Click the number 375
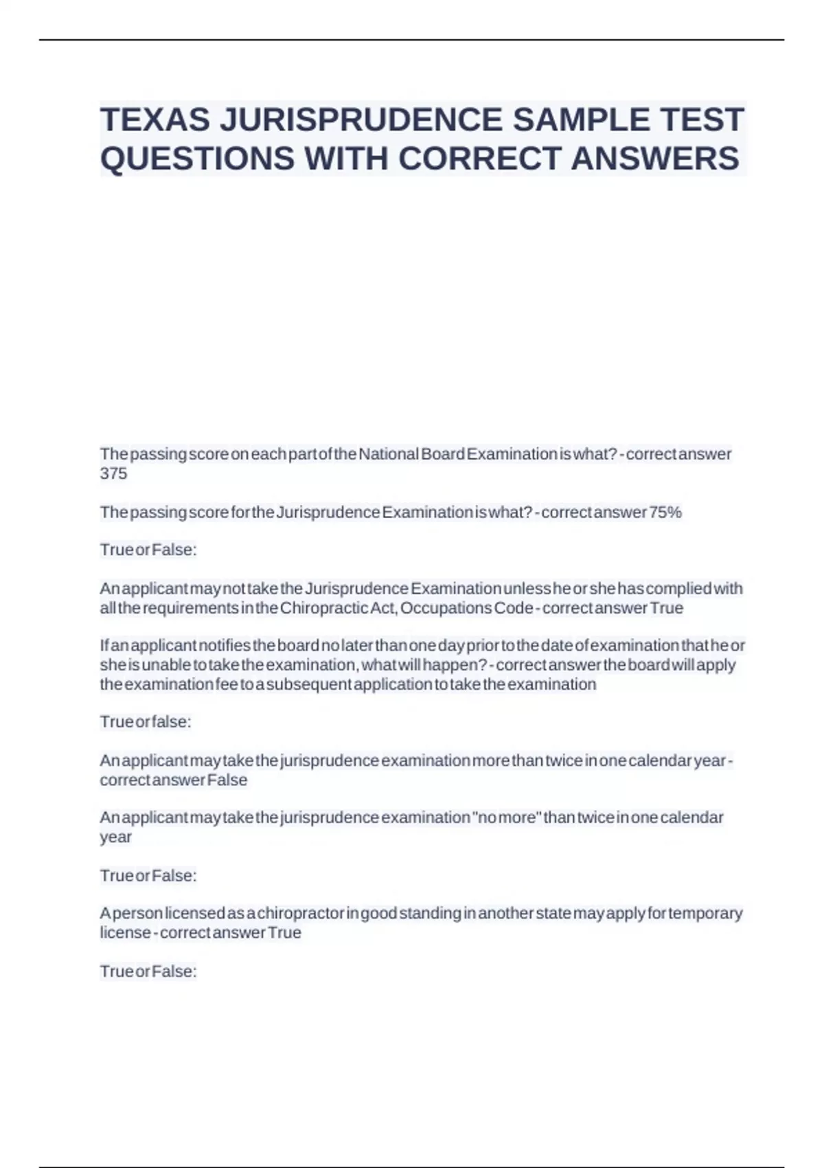point(113,473)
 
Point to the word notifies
point(225,646)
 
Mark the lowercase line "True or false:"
point(146,722)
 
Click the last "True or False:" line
point(148,971)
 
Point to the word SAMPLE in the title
point(580,120)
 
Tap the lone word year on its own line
point(115,837)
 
